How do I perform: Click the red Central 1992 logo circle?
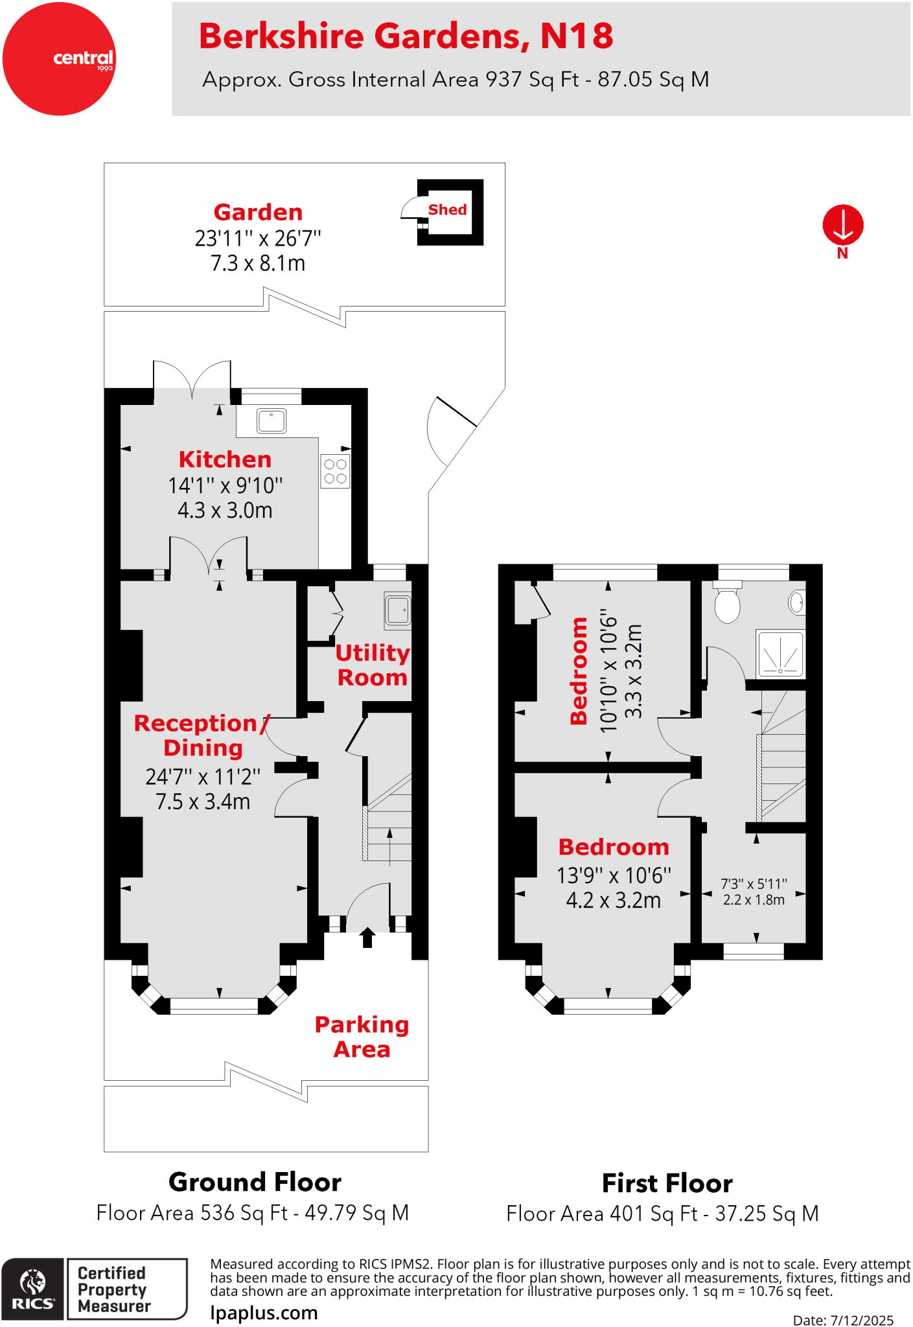[59, 59]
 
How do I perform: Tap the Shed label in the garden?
[447, 210]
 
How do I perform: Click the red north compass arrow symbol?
[842, 225]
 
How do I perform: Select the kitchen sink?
[272, 421]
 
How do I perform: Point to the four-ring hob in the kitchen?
[335, 471]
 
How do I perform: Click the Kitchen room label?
[225, 459]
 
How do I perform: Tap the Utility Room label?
[372, 665]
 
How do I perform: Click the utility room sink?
[397, 610]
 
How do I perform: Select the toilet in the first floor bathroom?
[727, 603]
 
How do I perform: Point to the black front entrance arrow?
[367, 937]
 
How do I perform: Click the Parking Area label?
[362, 1037]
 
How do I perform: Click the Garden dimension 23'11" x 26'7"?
[258, 238]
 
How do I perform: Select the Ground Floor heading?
[255, 1182]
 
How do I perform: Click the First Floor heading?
[667, 1183]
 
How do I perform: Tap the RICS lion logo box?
[32, 1289]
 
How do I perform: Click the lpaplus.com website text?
[264, 1313]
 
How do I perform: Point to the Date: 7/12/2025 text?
[842, 1320]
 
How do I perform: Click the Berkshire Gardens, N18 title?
[406, 36]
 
